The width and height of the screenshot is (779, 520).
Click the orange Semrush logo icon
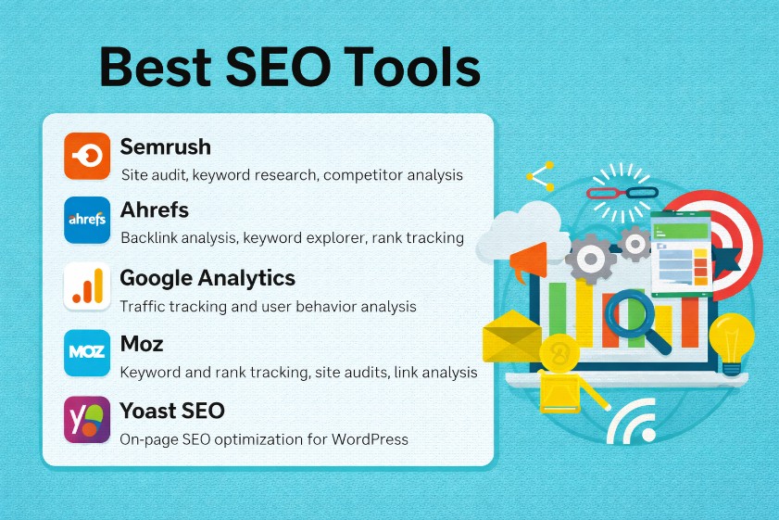(x=87, y=156)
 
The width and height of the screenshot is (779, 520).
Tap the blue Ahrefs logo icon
(x=87, y=221)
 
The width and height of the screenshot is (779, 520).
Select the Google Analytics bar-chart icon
(x=87, y=286)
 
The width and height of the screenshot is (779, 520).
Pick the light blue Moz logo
(x=87, y=352)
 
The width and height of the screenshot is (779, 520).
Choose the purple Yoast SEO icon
(x=87, y=419)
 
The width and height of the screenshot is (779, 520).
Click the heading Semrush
(x=165, y=146)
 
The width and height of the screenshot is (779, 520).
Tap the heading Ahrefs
(x=155, y=209)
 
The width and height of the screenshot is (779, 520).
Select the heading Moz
(x=142, y=344)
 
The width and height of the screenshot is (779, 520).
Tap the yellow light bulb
(x=732, y=339)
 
